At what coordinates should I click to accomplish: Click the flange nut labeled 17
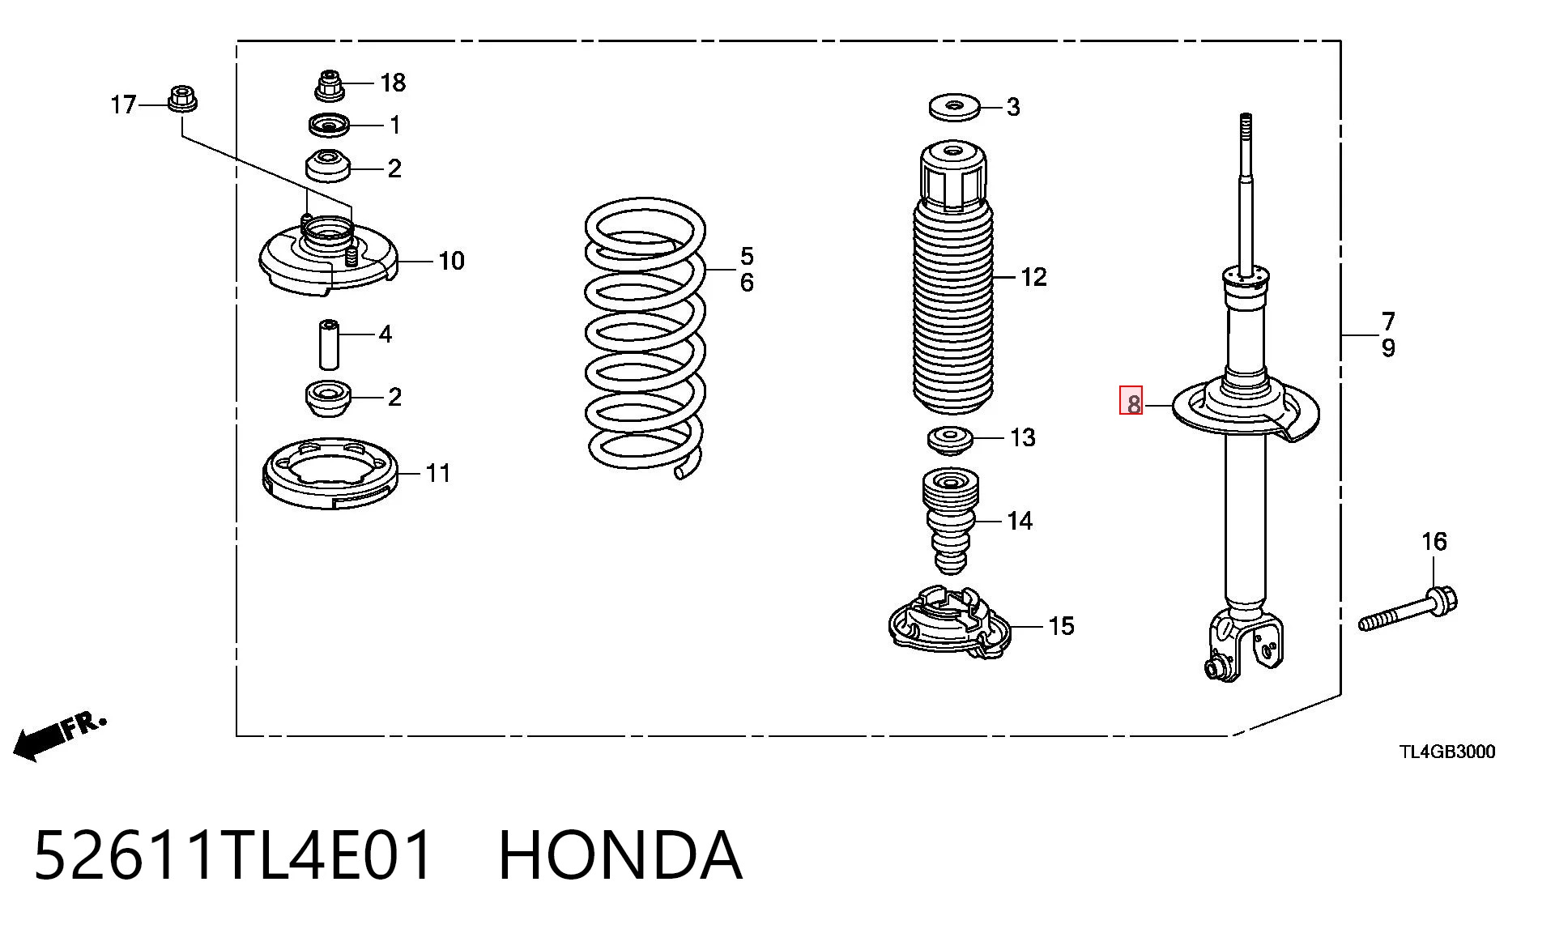[182, 100]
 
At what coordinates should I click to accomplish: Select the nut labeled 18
[329, 85]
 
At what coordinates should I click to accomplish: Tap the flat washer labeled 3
[953, 107]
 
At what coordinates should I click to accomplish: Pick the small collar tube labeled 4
[329, 345]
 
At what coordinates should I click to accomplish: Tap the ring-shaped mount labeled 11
[330, 472]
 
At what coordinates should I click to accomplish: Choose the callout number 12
[1033, 278]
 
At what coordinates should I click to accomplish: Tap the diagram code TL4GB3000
[1447, 752]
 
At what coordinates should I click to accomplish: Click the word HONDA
[620, 855]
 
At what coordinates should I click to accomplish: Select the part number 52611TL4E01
[232, 855]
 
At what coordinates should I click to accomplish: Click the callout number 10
[451, 261]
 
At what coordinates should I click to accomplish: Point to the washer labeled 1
[329, 126]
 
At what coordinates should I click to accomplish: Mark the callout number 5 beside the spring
[747, 257]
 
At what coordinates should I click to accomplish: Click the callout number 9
[1388, 348]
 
